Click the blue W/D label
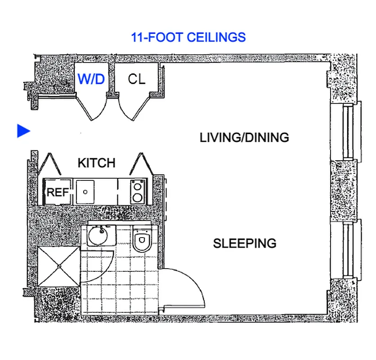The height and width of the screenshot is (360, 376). coord(91,80)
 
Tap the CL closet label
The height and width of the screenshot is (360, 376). coord(137,79)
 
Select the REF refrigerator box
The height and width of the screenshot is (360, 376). coord(58,193)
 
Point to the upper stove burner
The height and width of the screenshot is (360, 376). coord(138,184)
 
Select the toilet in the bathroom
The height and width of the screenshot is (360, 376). coord(142,241)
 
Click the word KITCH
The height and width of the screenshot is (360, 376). coord(96,163)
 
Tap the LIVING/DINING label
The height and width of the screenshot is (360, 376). coord(244,138)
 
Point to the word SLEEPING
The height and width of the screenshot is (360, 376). coord(244,243)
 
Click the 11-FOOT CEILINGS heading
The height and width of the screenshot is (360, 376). coord(188,37)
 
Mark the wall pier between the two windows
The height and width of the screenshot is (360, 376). coord(344,191)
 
